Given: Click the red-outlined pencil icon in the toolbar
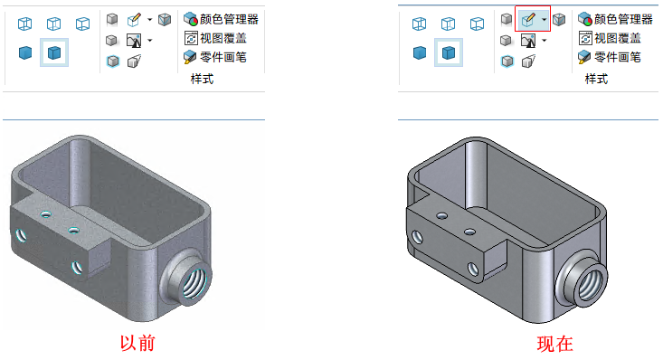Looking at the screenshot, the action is pyautogui.click(x=528, y=20).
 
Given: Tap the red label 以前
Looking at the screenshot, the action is pyautogui.click(x=137, y=343).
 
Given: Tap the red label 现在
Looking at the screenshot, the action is pyautogui.click(x=554, y=344).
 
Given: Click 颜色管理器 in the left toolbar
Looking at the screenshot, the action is pyautogui.click(x=229, y=20).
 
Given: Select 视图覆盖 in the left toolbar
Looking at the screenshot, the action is pyautogui.click(x=223, y=39).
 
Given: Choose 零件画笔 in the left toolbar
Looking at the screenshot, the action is pyautogui.click(x=223, y=57).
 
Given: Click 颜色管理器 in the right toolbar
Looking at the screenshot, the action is pyautogui.click(x=623, y=20).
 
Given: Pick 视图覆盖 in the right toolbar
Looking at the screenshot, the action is pyautogui.click(x=618, y=39).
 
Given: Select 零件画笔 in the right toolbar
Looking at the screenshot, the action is pyautogui.click(x=618, y=57).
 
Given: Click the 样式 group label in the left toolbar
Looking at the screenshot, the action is pyautogui.click(x=202, y=79).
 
